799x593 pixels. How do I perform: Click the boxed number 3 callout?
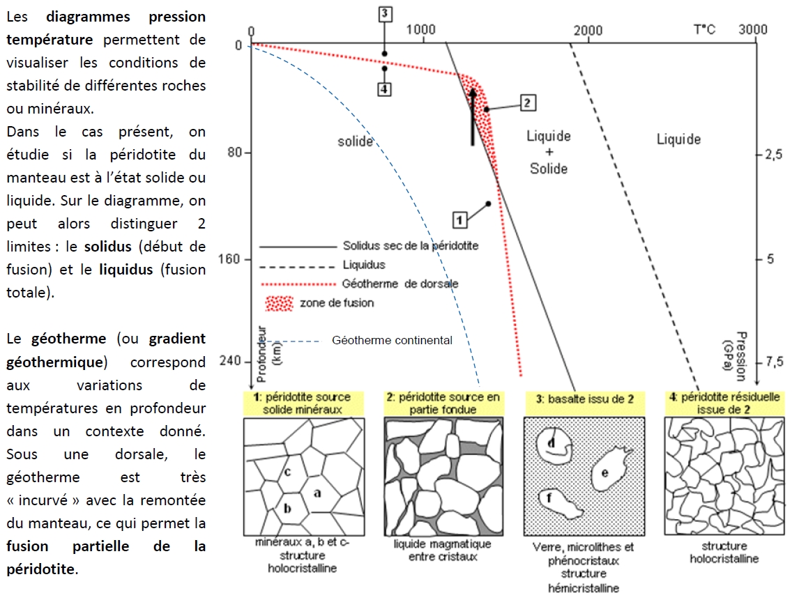pos(385,13)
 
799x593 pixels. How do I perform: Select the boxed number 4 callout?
pos(385,89)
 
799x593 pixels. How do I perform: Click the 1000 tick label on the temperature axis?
pos(421,29)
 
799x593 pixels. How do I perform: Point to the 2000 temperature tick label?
pos(588,29)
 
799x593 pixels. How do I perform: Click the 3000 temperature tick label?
pos(753,29)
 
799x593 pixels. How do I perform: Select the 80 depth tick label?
pos(236,153)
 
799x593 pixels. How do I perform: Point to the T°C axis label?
pos(704,29)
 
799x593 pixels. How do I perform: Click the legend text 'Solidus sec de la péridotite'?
pos(411,246)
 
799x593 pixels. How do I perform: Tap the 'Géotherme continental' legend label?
pos(392,341)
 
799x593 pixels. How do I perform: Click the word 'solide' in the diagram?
pos(356,141)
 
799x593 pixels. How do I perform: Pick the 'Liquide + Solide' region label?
pos(549,152)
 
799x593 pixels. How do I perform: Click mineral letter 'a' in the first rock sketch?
pos(317,493)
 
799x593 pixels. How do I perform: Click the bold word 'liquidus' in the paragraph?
pos(126,270)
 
